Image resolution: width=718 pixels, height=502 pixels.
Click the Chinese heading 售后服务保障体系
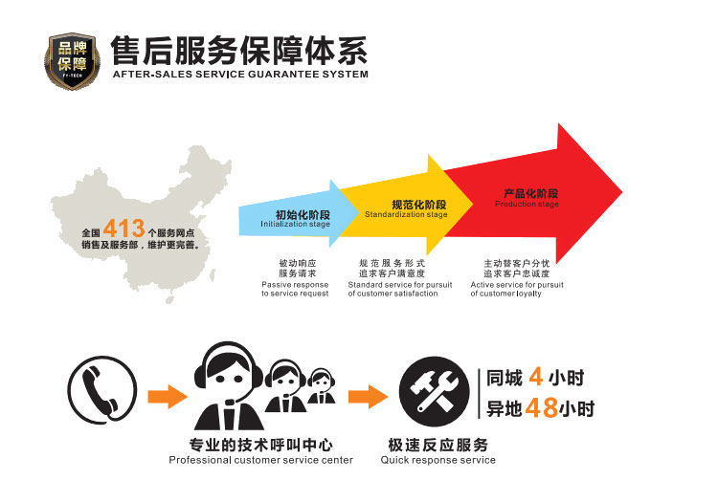click(239, 49)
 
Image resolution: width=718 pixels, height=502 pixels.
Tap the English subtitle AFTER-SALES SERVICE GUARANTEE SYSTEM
click(239, 75)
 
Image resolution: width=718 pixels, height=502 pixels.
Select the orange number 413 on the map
click(123, 229)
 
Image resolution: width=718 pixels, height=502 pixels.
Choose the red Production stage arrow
click(536, 196)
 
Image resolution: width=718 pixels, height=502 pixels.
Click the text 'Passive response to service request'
click(295, 289)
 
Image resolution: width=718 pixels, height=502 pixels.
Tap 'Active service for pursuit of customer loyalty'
click(517, 289)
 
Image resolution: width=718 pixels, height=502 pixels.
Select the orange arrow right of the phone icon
click(168, 394)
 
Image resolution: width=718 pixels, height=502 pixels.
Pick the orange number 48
click(542, 408)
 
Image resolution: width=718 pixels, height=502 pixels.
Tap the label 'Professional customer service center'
click(260, 460)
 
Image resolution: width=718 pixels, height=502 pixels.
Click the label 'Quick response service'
click(438, 460)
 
